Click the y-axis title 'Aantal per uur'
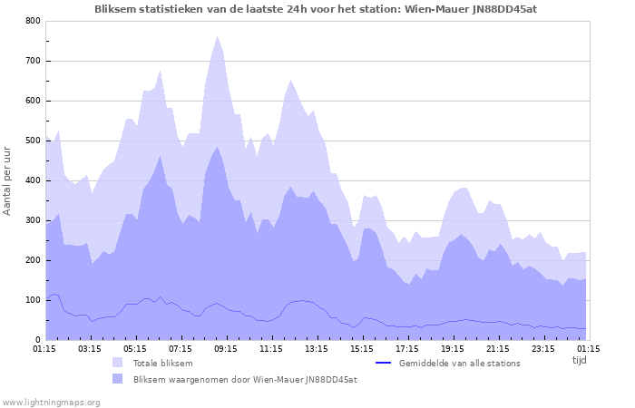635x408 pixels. [8, 179]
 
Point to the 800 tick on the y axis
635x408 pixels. [33, 21]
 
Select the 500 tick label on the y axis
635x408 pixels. [33, 141]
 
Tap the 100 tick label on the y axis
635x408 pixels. [33, 300]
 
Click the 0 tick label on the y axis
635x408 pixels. [37, 340]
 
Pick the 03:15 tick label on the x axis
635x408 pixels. [90, 348]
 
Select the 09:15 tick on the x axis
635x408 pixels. [226, 348]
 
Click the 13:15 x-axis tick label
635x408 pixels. [317, 348]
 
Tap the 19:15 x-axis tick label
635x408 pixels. [453, 348]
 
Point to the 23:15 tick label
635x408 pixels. [543, 348]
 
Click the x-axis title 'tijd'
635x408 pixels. [579, 360]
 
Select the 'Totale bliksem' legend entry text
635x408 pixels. [162, 364]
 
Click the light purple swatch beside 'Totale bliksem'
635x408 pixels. [118, 364]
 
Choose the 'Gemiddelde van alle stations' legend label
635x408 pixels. [459, 364]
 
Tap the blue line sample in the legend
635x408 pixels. [383, 364]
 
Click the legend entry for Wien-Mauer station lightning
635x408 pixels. [244, 380]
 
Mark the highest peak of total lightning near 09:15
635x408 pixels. [217, 37]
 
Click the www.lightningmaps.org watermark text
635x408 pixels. [51, 402]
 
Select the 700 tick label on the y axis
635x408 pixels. [33, 61]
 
